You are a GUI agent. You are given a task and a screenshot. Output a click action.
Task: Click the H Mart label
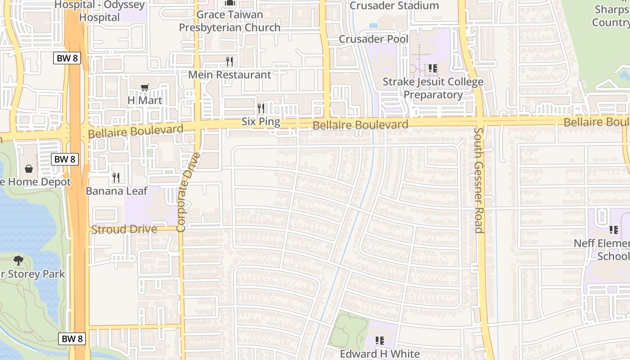tap(144, 100)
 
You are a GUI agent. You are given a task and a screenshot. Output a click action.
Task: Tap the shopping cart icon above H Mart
tap(144, 88)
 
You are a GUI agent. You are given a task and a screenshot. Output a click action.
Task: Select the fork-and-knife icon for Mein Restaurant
tap(229, 61)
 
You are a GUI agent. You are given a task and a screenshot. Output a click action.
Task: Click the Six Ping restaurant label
tap(261, 121)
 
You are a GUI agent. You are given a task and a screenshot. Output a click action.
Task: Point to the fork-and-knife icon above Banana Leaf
tap(116, 178)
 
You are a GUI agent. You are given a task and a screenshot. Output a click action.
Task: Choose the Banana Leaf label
tap(116, 191)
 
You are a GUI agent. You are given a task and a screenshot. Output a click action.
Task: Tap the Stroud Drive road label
tap(124, 229)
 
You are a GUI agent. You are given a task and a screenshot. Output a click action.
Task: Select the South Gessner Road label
tap(479, 180)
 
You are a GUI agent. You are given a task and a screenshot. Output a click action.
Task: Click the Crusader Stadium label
tap(394, 6)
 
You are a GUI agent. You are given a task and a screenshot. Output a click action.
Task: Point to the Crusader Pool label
tap(373, 39)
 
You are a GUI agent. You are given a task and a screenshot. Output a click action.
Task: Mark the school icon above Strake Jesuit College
tap(432, 69)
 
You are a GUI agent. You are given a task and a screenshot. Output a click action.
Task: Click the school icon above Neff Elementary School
tap(613, 230)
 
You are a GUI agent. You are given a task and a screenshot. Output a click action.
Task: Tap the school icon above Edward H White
tap(379, 341)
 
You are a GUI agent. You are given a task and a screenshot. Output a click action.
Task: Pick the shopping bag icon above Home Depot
tap(29, 169)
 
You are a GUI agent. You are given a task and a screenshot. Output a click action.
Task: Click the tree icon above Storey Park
tap(18, 261)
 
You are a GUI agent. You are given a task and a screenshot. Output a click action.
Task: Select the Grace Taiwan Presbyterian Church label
tap(229, 21)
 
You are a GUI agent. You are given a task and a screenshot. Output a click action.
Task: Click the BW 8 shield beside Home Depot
tap(65, 159)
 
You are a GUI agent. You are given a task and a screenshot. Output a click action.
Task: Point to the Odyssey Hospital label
tap(99, 11)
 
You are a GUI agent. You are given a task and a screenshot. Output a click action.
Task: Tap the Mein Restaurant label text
tap(229, 75)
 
